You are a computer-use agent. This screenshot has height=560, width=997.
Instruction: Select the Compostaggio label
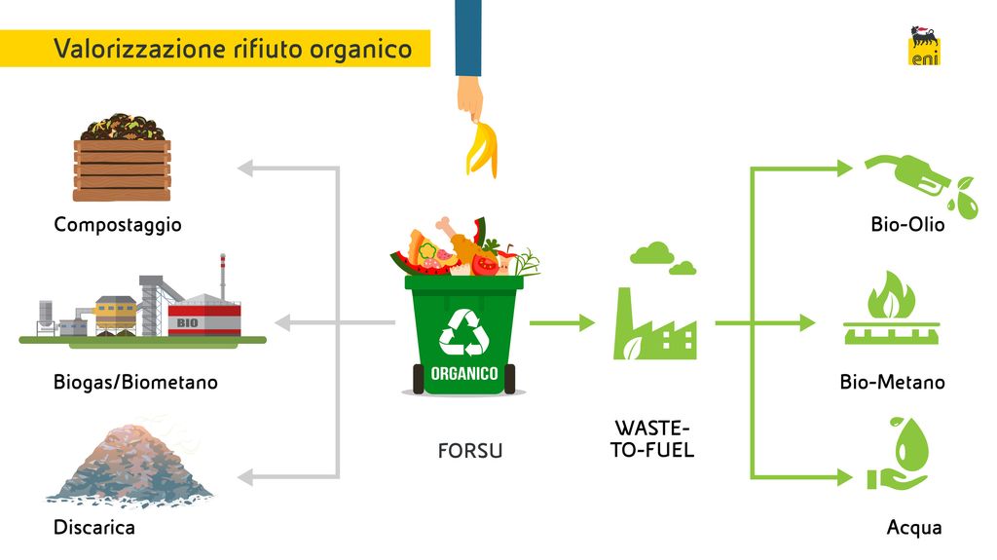118,225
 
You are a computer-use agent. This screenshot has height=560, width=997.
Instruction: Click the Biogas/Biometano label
135,383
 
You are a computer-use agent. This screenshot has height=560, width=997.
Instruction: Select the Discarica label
94,528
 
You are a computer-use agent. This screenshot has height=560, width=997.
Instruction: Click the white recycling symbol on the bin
466,331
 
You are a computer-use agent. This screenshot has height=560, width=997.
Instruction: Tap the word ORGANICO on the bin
465,373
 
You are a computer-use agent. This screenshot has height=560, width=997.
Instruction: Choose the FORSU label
470,452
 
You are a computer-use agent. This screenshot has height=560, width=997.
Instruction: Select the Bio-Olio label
907,225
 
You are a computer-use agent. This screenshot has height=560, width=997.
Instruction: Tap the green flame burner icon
889,310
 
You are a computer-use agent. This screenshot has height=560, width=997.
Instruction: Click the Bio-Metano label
892,383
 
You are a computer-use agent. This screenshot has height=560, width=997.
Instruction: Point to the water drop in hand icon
900,454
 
